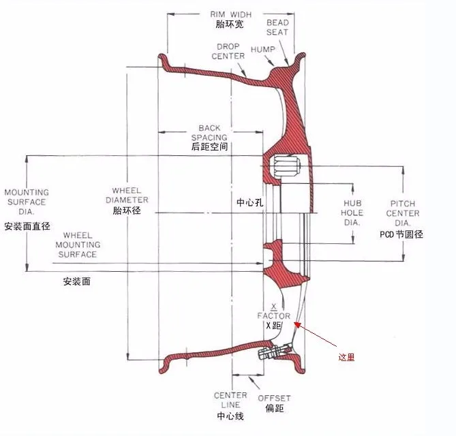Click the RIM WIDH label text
(x=231, y=14)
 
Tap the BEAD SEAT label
(x=277, y=27)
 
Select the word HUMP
(x=263, y=50)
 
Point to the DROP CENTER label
(x=228, y=52)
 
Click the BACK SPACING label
(x=209, y=133)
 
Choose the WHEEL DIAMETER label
(x=127, y=196)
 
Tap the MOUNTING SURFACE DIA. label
(x=27, y=202)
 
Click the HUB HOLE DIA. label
(x=352, y=213)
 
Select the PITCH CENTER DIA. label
(x=403, y=213)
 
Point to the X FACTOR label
(x=273, y=311)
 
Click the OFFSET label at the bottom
(x=274, y=399)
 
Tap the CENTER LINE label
(x=230, y=400)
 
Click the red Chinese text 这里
(x=346, y=357)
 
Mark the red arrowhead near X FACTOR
(x=297, y=324)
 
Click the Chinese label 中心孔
(x=249, y=202)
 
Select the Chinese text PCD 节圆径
(x=401, y=234)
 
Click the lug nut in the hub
(x=286, y=166)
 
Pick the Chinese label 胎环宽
(x=230, y=24)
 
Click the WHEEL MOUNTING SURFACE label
(x=78, y=245)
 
